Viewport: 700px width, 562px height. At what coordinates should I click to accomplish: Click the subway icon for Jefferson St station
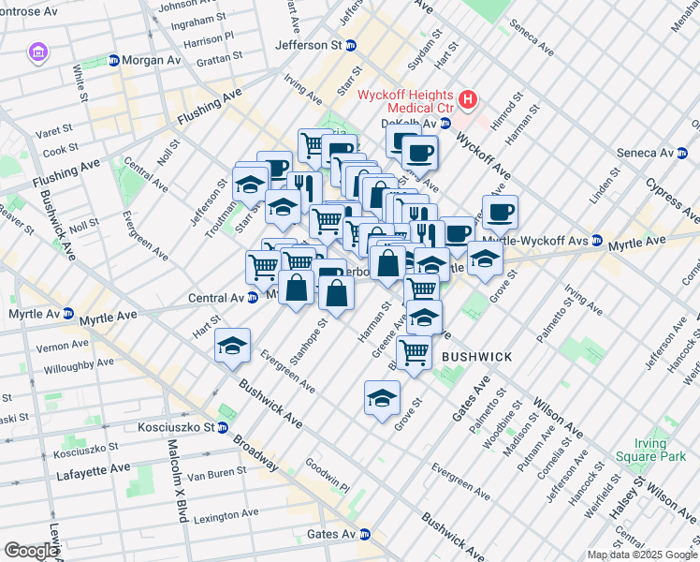351,45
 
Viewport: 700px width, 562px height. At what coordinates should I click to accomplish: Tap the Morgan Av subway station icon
114,60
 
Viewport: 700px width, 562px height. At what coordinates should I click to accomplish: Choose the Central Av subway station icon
253,298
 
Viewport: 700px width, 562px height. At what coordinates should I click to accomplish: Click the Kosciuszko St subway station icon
223,427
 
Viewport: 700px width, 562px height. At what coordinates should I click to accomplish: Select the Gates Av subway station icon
366,534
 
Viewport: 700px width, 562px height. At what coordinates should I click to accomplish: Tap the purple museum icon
38,51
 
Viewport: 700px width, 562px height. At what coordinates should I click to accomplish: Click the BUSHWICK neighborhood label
476,357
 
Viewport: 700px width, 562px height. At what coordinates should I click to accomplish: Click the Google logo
31,551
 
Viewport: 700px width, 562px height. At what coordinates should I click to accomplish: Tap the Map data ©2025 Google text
642,555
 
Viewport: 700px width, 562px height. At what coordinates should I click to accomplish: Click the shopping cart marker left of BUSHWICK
414,352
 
